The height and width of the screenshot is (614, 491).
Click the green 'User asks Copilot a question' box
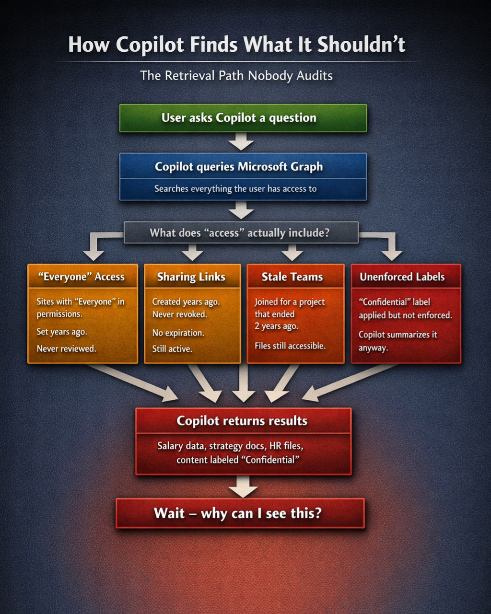click(x=243, y=118)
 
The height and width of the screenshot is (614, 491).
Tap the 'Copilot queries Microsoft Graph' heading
click(x=239, y=167)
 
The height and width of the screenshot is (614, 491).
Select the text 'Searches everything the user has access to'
click(x=235, y=189)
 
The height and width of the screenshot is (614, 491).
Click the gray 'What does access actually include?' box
click(x=240, y=233)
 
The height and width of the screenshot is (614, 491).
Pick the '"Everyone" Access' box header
click(x=81, y=277)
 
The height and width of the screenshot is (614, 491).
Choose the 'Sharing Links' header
click(x=191, y=277)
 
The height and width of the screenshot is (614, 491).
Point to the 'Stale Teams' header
click(x=292, y=277)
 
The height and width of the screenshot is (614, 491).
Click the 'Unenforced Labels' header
click(x=402, y=277)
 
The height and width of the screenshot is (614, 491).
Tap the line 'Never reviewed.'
click(x=66, y=348)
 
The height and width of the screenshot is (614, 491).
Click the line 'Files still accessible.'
click(x=290, y=346)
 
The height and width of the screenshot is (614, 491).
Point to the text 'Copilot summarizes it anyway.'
click(x=397, y=341)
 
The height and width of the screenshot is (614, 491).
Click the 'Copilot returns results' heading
click(x=242, y=421)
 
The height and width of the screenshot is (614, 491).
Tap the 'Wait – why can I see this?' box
click(x=238, y=513)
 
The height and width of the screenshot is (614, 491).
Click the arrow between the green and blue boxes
click(x=241, y=142)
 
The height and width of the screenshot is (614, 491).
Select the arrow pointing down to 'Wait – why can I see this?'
click(x=243, y=487)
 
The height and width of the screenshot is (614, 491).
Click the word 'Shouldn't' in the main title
click(x=361, y=45)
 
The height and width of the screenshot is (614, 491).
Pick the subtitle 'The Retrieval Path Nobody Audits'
click(x=236, y=76)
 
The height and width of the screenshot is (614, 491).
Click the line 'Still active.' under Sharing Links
click(x=172, y=349)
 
